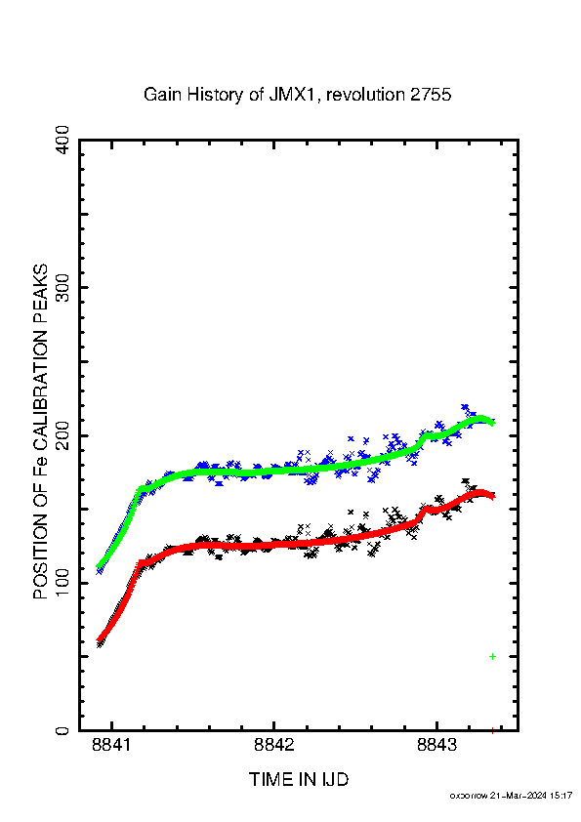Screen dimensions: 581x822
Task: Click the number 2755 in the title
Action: coord(431,95)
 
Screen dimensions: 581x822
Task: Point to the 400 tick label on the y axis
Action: coord(62,140)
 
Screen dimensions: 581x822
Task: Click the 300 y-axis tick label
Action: coord(62,287)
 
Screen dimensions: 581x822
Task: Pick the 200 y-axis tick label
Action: coord(62,435)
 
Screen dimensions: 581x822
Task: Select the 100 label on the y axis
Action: coord(62,583)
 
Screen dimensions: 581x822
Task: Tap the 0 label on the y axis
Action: coord(62,730)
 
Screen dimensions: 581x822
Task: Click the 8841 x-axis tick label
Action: coord(111,745)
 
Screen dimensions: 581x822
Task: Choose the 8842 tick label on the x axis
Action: coord(273,745)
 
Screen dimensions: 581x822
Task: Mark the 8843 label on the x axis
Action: coord(436,745)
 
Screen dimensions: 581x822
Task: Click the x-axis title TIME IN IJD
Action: coord(299,779)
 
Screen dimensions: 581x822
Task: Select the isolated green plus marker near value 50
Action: coord(492,656)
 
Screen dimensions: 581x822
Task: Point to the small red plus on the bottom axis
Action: coord(492,731)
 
